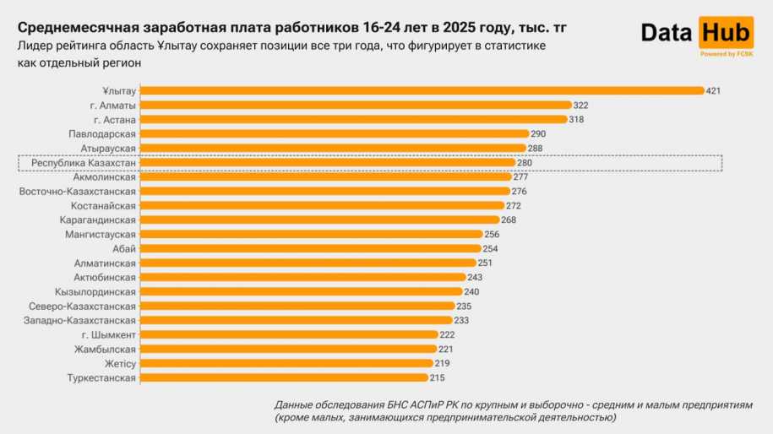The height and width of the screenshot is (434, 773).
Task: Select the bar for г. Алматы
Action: click(x=355, y=105)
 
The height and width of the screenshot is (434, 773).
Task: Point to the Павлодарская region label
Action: click(x=102, y=133)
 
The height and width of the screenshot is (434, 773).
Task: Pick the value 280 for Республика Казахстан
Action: click(x=525, y=162)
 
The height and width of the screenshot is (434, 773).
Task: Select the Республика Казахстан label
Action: click(x=84, y=162)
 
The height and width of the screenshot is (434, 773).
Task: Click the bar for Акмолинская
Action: click(x=324, y=176)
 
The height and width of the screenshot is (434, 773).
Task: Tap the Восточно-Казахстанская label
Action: click(x=78, y=192)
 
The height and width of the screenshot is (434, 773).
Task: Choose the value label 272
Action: click(x=513, y=206)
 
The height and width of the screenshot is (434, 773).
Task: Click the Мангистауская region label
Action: click(x=101, y=235)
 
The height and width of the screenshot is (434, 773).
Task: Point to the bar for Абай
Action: click(x=309, y=248)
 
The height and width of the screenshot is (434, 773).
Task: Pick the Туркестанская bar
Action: click(x=283, y=377)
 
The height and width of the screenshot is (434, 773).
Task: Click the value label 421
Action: click(x=714, y=90)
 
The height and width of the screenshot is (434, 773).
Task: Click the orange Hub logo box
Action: click(x=725, y=33)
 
